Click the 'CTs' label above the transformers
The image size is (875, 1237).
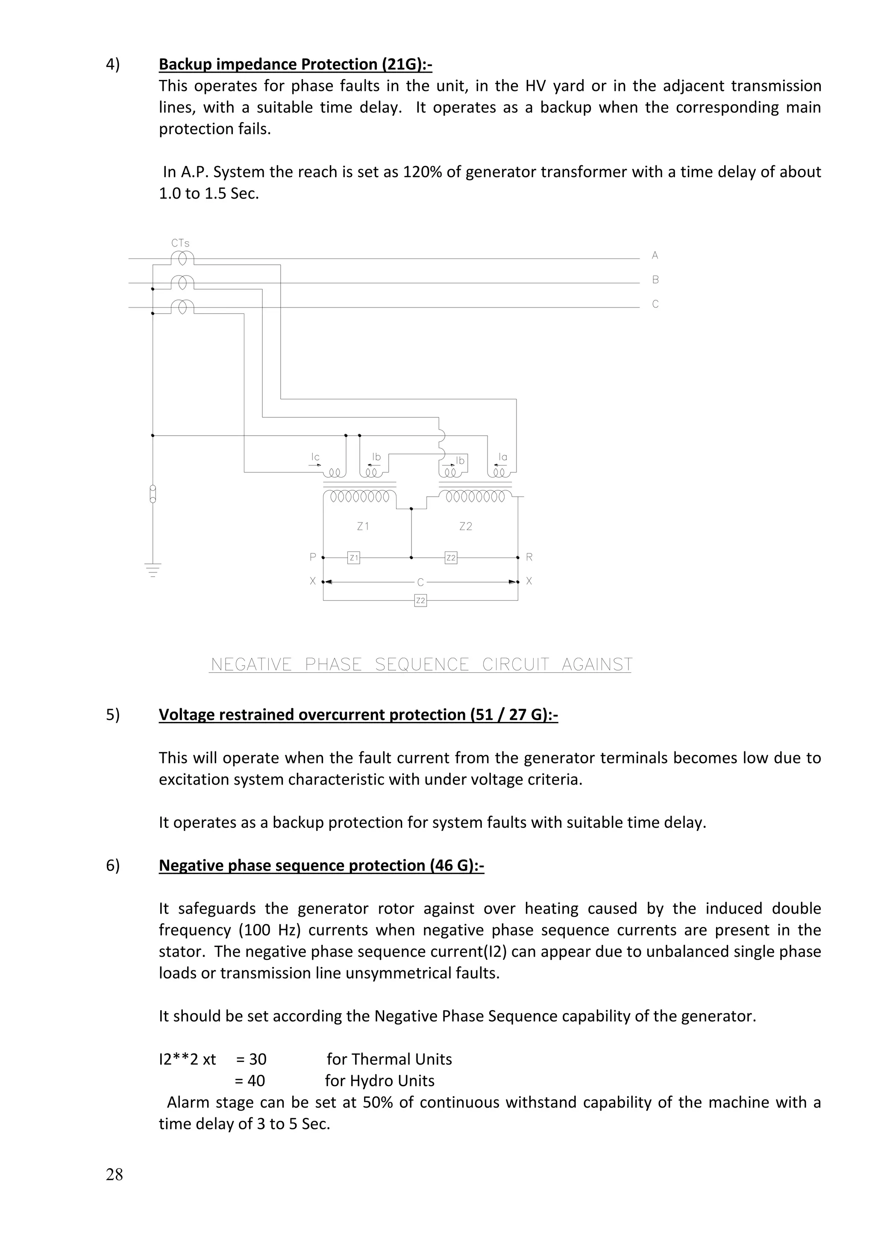(180, 243)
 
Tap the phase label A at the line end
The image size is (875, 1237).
(655, 255)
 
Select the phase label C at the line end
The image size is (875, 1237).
(655, 305)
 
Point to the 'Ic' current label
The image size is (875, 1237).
(315, 457)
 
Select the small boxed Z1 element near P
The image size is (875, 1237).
(353, 557)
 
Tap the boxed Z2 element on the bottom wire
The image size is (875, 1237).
(420, 600)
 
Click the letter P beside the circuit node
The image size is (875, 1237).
(312, 557)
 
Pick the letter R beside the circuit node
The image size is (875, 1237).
(529, 557)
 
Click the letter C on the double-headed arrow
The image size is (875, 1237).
(420, 582)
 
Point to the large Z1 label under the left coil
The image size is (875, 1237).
(363, 526)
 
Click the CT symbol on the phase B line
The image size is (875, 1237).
(182, 283)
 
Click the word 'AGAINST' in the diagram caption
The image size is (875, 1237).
(596, 665)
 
